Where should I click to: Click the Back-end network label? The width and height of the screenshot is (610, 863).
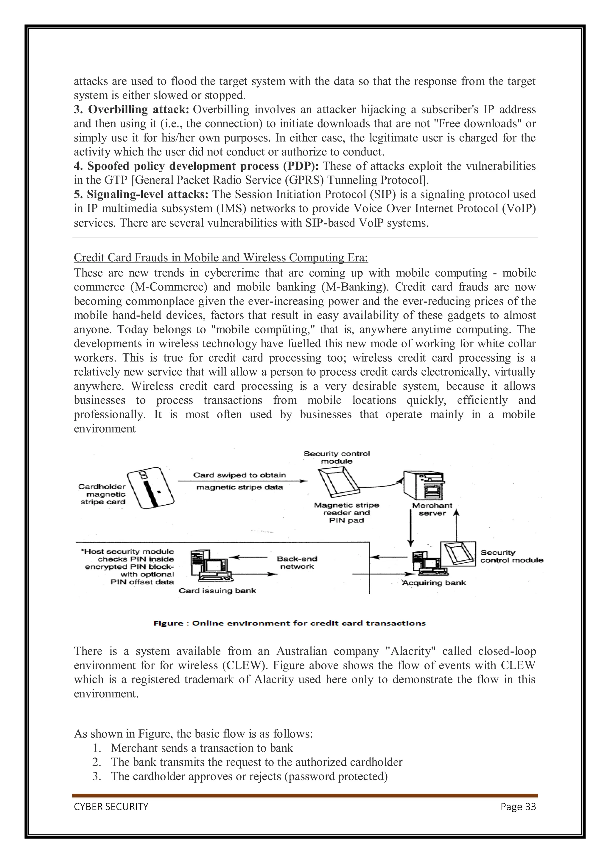[x=297, y=563]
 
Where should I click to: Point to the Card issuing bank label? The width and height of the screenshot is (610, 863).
[x=217, y=590]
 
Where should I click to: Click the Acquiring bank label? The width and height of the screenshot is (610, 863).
[x=434, y=583]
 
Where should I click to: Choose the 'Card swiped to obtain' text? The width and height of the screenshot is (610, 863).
[x=239, y=475]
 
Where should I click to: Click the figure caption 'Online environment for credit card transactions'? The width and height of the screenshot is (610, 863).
[x=290, y=623]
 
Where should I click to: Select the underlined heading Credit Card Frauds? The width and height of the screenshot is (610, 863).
[x=221, y=258]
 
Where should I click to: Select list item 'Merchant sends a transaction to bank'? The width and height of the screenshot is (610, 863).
[x=202, y=748]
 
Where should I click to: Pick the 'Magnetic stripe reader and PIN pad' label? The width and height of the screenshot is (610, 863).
[x=346, y=513]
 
